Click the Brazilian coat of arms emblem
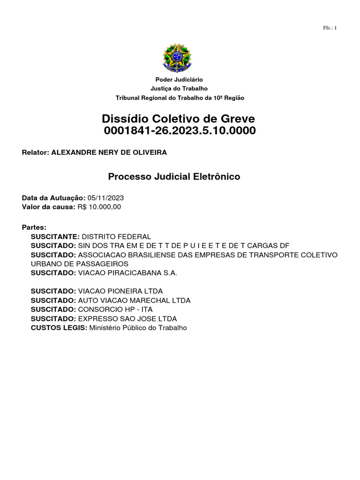[177, 58]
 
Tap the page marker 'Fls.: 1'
[330, 28]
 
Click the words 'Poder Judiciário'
[179, 80]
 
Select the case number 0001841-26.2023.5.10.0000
[180, 131]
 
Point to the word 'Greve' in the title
[233, 118]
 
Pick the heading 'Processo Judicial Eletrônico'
[174, 177]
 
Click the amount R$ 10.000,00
[99, 207]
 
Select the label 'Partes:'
[34, 227]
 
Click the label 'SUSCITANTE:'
[55, 237]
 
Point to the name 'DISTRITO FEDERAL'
[116, 237]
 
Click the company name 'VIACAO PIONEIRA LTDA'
[120, 291]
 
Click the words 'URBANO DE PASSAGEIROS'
[80, 264]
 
